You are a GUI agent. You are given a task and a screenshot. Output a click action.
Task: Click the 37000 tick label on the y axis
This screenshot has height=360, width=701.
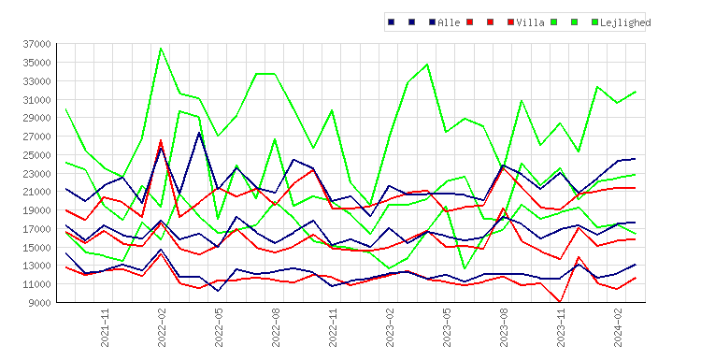tap(37, 44)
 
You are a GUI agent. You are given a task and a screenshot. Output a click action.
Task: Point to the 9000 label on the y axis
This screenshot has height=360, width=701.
tap(39, 303)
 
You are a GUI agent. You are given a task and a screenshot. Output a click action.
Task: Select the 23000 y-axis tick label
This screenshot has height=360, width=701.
tap(37, 174)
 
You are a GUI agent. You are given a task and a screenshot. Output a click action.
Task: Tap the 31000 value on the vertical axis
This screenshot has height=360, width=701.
tap(37, 99)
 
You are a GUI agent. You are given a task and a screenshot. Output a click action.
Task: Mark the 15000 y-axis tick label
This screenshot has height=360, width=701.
tap(37, 247)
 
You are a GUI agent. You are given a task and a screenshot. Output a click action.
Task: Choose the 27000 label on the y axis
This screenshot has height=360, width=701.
tap(37, 137)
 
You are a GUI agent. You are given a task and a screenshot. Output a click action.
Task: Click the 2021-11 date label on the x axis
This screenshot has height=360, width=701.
tap(105, 327)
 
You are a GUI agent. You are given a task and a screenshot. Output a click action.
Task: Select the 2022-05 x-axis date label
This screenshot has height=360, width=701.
tap(219, 327)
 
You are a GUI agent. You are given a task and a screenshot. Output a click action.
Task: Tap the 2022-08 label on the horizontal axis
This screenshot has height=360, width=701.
tap(276, 327)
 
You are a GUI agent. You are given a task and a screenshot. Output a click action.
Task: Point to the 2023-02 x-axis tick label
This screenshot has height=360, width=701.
tap(390, 327)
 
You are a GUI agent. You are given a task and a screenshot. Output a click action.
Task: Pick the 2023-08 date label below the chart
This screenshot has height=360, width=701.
tap(504, 327)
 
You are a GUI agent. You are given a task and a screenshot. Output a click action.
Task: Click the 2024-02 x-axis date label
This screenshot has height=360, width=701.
tap(618, 327)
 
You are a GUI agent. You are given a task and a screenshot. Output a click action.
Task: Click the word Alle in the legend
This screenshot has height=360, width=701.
tap(449, 22)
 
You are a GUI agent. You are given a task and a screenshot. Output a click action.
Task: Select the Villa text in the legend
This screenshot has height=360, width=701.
tap(530, 22)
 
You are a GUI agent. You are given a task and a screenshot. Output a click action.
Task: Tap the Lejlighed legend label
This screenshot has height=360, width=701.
tap(625, 22)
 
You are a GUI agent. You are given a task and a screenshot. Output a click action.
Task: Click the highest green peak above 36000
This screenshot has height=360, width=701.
tap(161, 49)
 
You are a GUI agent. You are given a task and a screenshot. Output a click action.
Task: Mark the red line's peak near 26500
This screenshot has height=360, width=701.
tap(161, 140)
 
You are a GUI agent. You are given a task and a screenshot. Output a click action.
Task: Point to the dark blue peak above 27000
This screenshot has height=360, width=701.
tap(199, 133)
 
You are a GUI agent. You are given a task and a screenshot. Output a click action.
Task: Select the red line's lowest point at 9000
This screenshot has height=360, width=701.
tap(560, 302)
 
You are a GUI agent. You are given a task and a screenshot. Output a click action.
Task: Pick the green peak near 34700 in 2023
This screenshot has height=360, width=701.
tap(427, 65)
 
